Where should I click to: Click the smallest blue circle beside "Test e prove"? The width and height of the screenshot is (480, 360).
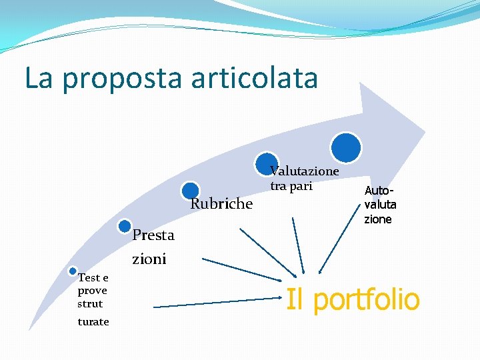point(73,271)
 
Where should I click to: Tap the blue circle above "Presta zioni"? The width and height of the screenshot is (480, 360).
point(125,227)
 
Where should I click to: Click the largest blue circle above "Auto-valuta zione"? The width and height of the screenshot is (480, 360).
point(347,147)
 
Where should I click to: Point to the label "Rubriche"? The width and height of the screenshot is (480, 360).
point(221,204)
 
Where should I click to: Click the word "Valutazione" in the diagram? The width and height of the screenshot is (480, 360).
point(305,171)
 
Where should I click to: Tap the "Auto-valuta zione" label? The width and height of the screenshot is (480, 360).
point(380,205)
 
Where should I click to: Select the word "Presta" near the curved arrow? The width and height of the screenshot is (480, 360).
point(153,235)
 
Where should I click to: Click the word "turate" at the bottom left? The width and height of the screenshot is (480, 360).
point(93,322)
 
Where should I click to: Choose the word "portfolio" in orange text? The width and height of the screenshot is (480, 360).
point(366,299)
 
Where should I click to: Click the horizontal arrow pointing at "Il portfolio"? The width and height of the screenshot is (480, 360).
point(213,305)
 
